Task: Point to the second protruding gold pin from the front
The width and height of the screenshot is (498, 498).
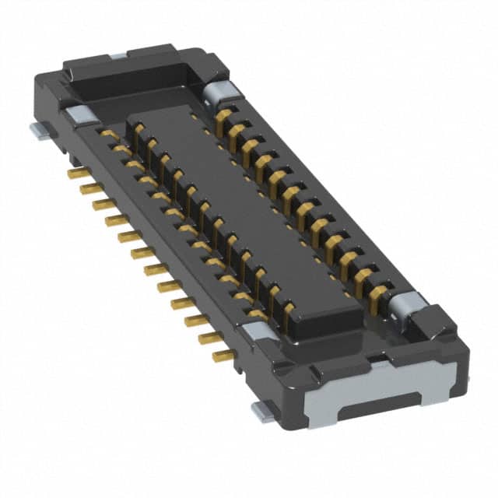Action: point(210,338)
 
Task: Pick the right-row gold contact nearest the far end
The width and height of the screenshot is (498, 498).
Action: point(224,117)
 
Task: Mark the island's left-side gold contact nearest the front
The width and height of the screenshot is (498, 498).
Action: point(288,311)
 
